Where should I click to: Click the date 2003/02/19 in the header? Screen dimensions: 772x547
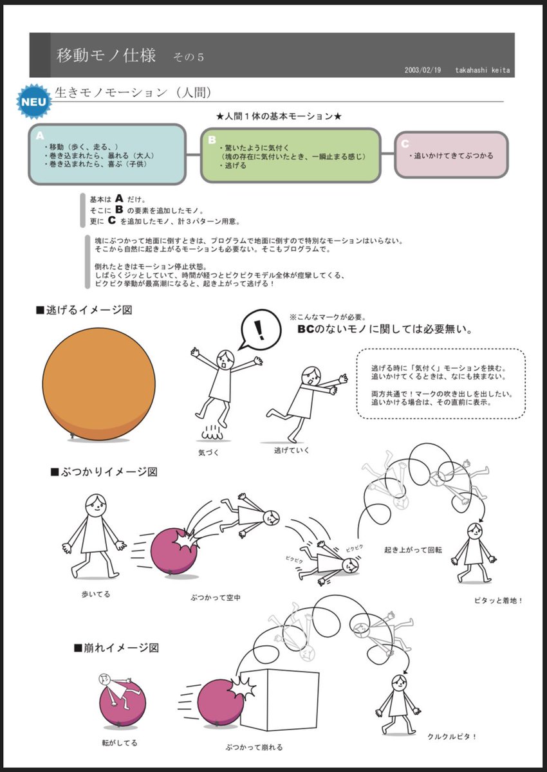click(422, 70)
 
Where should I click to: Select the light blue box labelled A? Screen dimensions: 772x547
click(107, 154)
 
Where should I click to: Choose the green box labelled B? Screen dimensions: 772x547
click(290, 155)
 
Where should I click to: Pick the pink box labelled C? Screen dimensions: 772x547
click(450, 154)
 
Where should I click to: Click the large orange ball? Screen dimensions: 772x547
click(99, 385)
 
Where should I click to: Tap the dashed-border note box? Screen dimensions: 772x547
click(440, 385)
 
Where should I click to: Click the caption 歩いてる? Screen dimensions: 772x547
click(97, 594)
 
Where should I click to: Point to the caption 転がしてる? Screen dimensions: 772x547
click(119, 742)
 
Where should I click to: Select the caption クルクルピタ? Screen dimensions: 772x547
click(452, 737)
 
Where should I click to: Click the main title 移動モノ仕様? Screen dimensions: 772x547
click(106, 55)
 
